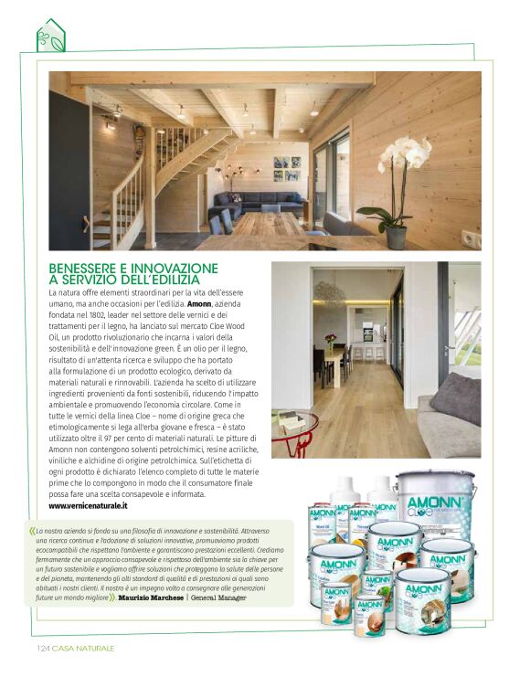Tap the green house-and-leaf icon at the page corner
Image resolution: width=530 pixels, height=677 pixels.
click(x=50, y=37)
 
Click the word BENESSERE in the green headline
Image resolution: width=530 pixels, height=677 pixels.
click(x=89, y=268)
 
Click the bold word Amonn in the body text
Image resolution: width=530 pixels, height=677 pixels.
click(x=199, y=302)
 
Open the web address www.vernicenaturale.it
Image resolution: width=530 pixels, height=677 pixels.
click(x=88, y=505)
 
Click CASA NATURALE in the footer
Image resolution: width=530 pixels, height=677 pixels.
click(x=83, y=648)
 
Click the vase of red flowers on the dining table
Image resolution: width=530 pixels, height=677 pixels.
click(x=330, y=343)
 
